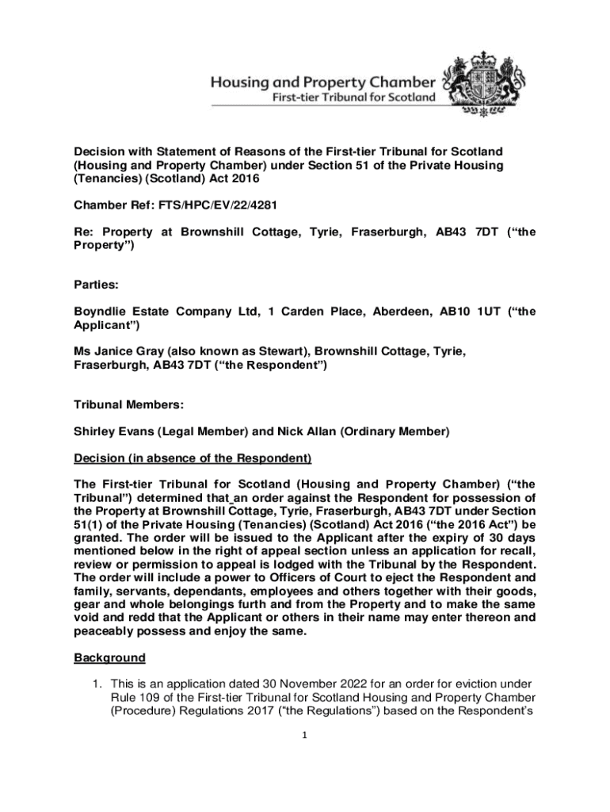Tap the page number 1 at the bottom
click(304, 735)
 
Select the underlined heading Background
click(109, 658)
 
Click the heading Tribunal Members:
click(128, 405)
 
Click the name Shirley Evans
click(112, 432)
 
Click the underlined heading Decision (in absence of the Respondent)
click(193, 458)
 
